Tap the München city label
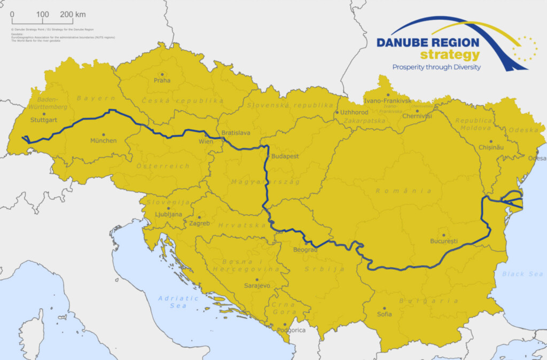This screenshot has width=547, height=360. pos(103,141)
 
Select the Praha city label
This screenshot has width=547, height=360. pos(162,81)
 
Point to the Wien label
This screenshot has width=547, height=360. pos(206,142)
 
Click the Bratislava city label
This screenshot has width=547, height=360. pos(236,132)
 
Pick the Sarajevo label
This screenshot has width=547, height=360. pos(257,286)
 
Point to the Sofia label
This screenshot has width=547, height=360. pos(384,315)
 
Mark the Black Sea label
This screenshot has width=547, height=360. pos(522,274)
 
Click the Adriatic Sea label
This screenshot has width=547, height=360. pos(178,302)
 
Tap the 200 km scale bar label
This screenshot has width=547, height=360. pos(73,14)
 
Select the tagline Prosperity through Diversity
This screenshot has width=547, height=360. pos(436,67)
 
